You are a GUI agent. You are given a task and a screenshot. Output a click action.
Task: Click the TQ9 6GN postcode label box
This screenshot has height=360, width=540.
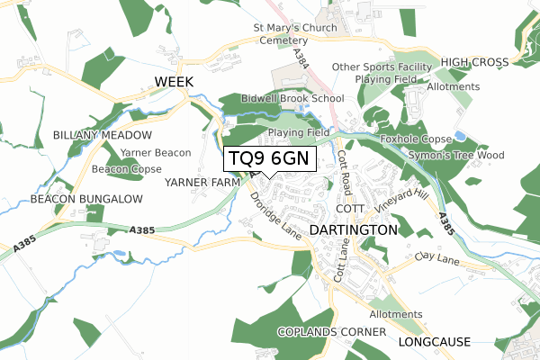(x=269, y=158)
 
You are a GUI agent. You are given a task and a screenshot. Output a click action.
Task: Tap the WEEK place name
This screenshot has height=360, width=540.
(x=175, y=82)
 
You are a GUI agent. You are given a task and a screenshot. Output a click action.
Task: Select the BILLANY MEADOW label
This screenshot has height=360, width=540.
(x=102, y=135)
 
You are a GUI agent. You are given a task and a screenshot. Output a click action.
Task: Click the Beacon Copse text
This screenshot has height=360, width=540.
(x=126, y=169)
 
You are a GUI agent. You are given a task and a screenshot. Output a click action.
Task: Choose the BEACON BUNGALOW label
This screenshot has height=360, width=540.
(x=86, y=198)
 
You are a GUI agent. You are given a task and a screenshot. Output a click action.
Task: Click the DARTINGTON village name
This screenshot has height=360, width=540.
(x=353, y=230)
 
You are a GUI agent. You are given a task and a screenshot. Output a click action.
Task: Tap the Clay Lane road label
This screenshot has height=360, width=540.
(x=438, y=258)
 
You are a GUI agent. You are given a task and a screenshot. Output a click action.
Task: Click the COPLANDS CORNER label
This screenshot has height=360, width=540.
(x=326, y=332)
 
